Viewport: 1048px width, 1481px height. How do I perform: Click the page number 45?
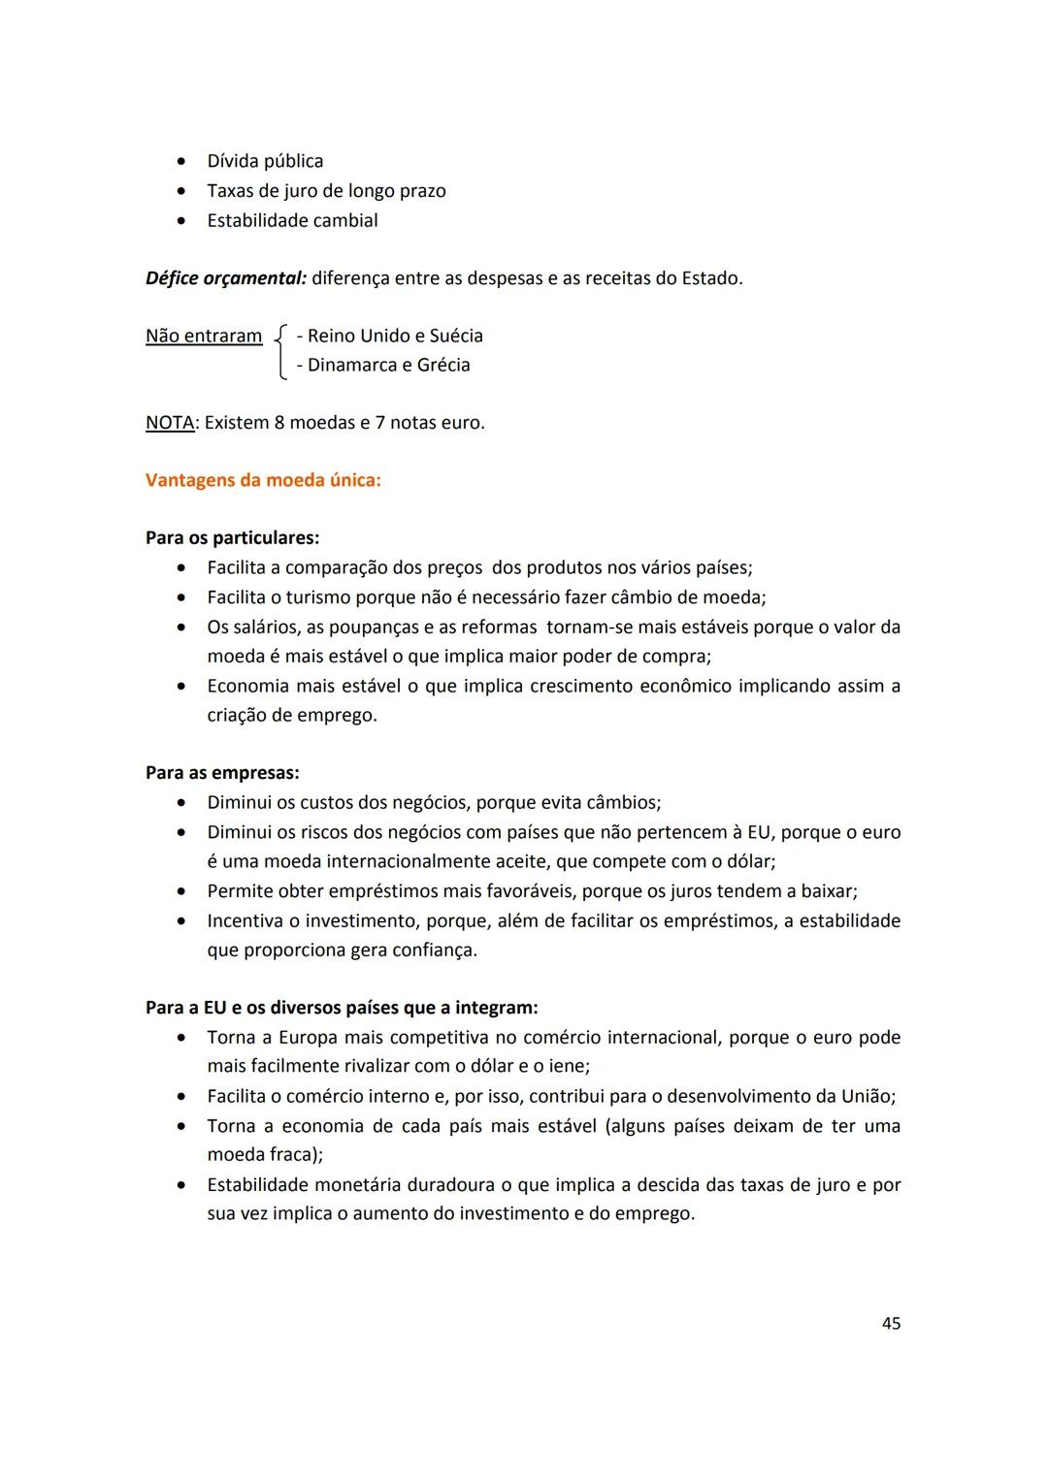pyautogui.click(x=891, y=1323)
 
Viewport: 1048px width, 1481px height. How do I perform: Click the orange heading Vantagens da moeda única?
pyautogui.click(x=262, y=480)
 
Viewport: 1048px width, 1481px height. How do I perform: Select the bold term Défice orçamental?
pyautogui.click(x=225, y=278)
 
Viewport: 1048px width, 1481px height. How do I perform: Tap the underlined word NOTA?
pyautogui.click(x=170, y=423)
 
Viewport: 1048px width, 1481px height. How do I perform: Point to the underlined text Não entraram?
pyautogui.click(x=204, y=336)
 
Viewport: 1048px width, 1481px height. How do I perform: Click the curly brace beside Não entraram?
pyautogui.click(x=279, y=351)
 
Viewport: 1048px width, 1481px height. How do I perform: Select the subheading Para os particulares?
pyautogui.click(x=232, y=537)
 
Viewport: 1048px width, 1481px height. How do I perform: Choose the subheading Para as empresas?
pyautogui.click(x=222, y=773)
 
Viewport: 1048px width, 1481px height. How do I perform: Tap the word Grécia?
pyautogui.click(x=442, y=365)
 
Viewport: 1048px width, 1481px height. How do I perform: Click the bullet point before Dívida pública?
pyautogui.click(x=181, y=162)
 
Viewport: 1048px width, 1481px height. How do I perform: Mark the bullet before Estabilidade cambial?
pyautogui.click(x=181, y=221)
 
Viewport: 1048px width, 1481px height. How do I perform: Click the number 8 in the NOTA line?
pyautogui.click(x=280, y=423)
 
